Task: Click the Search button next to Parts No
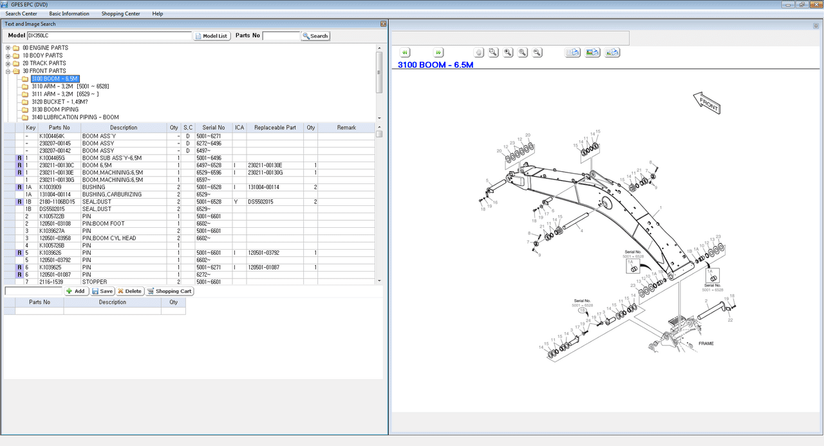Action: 315,36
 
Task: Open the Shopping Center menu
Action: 121,14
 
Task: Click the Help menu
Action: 157,14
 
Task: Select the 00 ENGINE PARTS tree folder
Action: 45,48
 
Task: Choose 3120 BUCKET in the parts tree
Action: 59,102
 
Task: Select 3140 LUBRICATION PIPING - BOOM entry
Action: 75,117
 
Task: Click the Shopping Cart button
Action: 170,291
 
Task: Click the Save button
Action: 102,291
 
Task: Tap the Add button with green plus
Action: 76,291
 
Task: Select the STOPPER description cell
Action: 95,282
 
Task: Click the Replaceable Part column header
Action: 275,127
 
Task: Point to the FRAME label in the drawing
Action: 706,344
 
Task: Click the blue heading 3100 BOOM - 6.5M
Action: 435,65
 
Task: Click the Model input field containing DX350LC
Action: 109,36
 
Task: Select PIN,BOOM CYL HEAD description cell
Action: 109,238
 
